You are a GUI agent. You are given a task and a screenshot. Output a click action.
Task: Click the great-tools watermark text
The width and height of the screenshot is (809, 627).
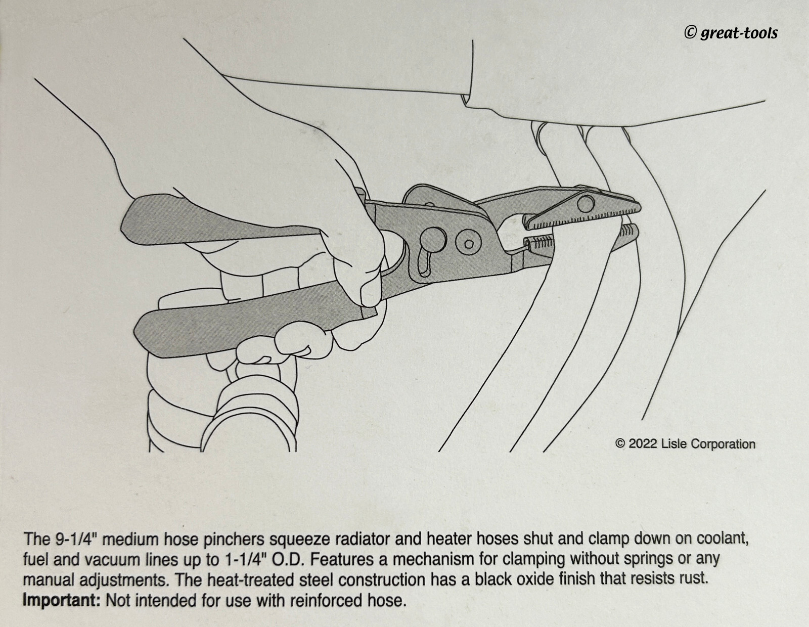[x=731, y=33]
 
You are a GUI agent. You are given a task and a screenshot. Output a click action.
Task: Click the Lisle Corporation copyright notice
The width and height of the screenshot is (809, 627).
[x=686, y=444]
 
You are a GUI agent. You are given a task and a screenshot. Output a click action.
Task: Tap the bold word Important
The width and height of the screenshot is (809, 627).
[x=62, y=601]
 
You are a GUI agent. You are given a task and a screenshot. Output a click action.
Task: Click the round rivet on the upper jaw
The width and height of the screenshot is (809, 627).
[x=586, y=204]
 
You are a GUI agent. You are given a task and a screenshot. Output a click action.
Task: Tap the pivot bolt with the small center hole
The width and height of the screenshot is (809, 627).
[x=469, y=243]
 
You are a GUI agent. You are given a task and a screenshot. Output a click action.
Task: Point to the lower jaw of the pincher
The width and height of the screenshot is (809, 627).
[x=581, y=242]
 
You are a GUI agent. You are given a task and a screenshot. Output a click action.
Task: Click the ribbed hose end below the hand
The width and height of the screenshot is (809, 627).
[x=249, y=413]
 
